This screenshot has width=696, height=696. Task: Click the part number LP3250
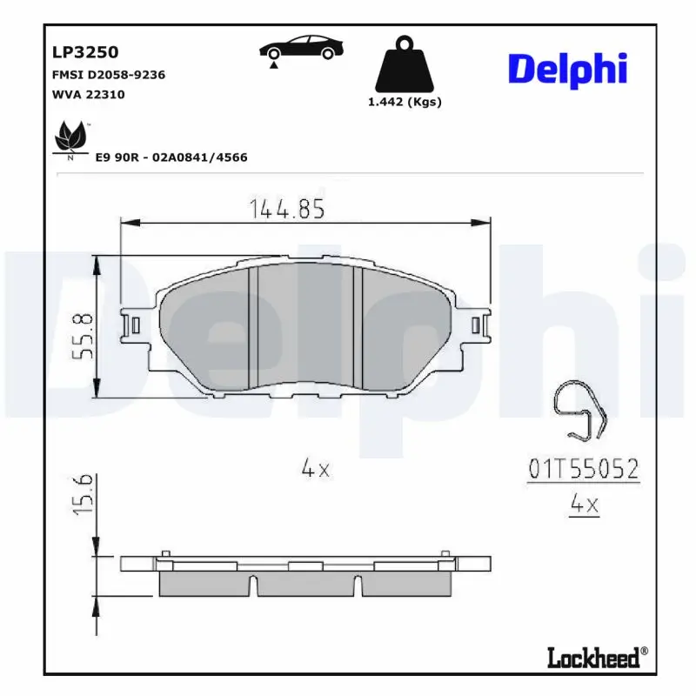pos(85,52)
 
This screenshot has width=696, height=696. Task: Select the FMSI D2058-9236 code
pos(109,75)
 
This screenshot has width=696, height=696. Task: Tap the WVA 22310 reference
pos(89,94)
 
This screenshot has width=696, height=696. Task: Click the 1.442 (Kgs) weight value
pos(405,102)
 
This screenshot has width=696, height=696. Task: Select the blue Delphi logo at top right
pos(567,69)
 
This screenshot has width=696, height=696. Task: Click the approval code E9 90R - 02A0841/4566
pos(171,157)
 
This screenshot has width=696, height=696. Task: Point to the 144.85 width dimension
pos(287,209)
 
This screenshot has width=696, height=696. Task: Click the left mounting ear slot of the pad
pos(134,325)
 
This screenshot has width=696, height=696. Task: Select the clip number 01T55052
pos(584,470)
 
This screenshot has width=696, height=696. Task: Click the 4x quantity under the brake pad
pos(315,469)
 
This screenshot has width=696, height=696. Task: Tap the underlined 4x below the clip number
pos(584,505)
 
